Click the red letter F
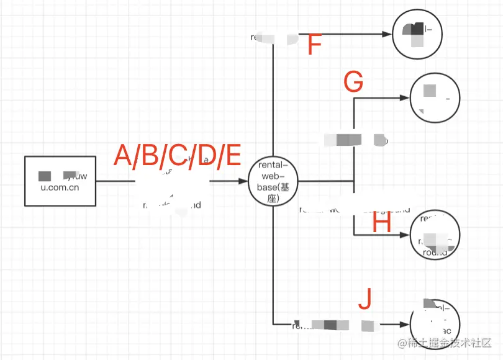pos(315,45)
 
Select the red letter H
pos(382,223)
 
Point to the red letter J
pos(366,299)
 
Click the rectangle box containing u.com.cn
pos(60,181)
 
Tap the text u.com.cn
pos(60,186)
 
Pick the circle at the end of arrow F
pos(417,35)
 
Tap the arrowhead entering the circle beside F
pos(388,35)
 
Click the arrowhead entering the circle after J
pos(406,324)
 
